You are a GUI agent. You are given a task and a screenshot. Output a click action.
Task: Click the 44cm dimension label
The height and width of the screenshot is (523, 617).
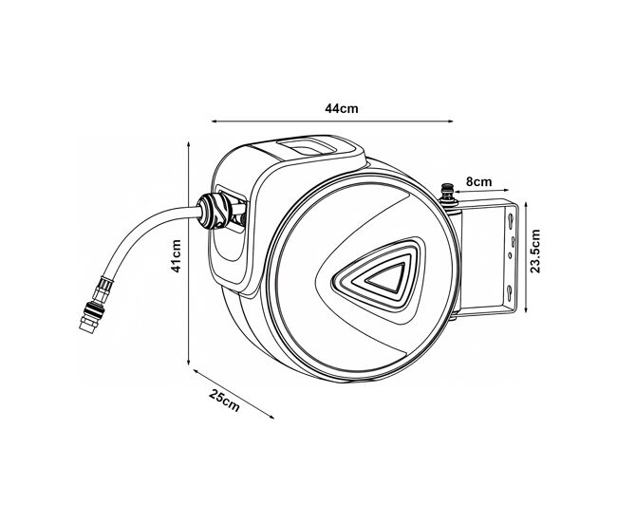pos(342,108)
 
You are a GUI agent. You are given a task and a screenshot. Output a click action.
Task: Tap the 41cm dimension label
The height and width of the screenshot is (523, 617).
pos(176,255)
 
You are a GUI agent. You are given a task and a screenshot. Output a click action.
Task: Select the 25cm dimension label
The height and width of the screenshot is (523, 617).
pos(224,401)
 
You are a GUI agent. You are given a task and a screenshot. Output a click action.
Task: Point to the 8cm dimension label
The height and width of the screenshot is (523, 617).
pos(478,182)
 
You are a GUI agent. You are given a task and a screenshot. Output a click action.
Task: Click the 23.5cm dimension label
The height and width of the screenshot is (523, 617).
pos(535,252)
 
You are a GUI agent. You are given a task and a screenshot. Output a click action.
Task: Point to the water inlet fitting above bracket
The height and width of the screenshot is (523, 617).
pos(447,194)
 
